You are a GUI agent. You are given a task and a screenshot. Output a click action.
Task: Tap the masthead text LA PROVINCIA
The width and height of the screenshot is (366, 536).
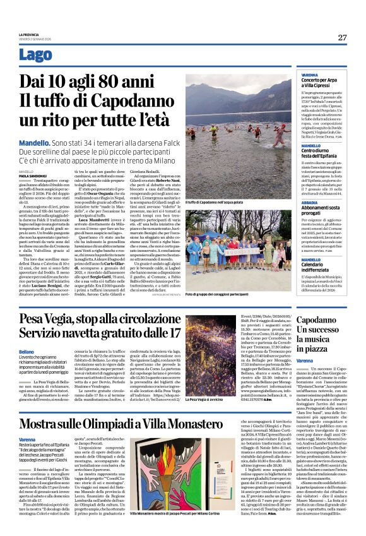(x=32, y=34)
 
